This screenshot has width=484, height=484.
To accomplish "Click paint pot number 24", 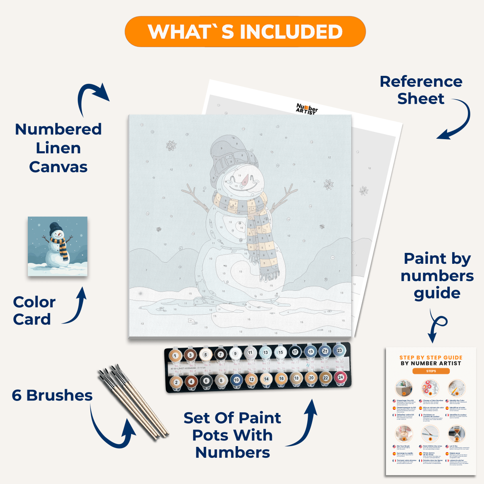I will point(340,378).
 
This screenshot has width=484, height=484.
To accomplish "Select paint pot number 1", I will point(175,356).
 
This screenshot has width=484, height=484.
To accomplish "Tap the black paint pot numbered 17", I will point(295,352).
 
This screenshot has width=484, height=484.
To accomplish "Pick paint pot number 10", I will point(236,380).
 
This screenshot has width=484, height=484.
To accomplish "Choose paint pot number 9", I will point(236,354).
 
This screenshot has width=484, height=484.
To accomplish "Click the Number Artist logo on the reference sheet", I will point(307,109).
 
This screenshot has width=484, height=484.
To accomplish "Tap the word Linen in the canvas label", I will point(58,148).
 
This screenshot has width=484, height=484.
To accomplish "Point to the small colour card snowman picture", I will point(58,246).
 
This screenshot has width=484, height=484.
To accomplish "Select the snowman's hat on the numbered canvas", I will point(230,155).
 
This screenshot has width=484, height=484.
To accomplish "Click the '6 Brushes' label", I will point(52,395).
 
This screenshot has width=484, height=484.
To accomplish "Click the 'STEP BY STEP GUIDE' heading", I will point(431,357).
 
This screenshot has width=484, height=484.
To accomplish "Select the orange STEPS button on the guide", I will point(431,371).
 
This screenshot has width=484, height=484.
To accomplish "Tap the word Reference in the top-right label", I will point(421,81).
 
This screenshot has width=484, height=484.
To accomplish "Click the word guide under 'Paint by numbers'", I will point(437,293).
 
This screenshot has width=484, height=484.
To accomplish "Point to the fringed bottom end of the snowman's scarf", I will point(269,274).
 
